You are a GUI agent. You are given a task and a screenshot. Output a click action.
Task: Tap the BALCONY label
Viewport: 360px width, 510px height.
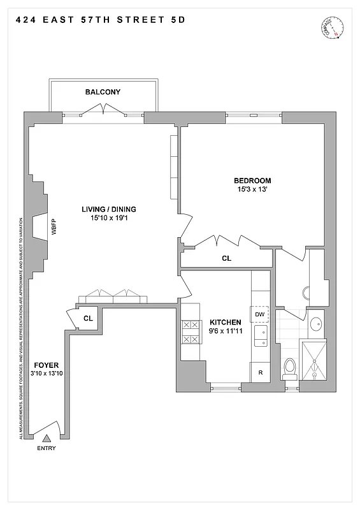tap(103, 92)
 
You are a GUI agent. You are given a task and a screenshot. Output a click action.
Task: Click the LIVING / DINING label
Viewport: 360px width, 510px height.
tap(108, 209)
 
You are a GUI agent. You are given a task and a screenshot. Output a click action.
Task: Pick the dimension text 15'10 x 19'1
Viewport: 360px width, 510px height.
tap(108, 218)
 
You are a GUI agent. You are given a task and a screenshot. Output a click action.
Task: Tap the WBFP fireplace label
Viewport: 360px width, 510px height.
tap(54, 228)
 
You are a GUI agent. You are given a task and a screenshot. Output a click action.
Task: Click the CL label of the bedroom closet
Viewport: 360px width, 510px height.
tap(226, 259)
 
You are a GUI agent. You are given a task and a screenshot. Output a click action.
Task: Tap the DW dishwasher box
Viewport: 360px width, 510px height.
tap(260, 314)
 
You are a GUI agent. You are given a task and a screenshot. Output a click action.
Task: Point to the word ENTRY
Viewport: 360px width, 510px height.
tap(47, 448)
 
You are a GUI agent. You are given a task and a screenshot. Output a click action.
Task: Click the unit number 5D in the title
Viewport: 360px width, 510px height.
tap(178, 20)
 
